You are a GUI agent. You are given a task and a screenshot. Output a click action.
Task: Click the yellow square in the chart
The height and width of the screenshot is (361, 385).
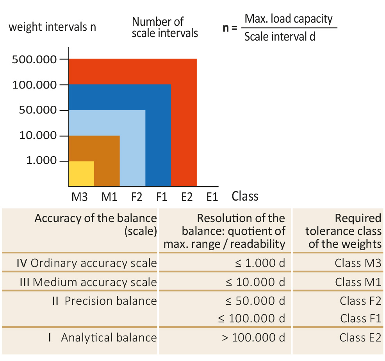[x=82, y=173]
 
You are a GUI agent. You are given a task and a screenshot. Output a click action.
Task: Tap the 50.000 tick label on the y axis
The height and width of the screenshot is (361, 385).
[x=37, y=110]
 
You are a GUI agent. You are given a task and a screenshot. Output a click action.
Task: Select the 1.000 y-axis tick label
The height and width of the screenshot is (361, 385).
[x=42, y=161]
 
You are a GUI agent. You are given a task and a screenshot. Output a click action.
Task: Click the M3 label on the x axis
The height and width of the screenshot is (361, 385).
[x=79, y=197]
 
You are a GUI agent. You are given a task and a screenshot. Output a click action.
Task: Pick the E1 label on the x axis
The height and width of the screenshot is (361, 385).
[x=212, y=197]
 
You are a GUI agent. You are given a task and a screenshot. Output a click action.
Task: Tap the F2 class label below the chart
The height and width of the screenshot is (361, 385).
[x=137, y=197]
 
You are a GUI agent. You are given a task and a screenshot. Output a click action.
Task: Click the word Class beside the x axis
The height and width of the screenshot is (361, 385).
[x=245, y=196]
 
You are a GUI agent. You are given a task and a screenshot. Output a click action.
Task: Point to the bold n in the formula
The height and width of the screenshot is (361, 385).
[x=226, y=28]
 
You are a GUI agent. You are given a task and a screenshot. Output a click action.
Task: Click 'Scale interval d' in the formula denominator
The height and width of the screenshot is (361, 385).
[x=280, y=37]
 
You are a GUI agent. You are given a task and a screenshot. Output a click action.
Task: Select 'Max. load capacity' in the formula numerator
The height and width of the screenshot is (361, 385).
[x=289, y=18]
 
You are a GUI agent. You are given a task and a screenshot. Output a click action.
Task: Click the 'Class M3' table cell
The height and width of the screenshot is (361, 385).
[x=358, y=263]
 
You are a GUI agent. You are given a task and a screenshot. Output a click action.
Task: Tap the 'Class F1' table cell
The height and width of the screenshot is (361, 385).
[x=360, y=318]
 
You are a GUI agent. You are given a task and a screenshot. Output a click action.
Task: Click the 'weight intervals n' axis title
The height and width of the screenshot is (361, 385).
[x=52, y=27]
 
